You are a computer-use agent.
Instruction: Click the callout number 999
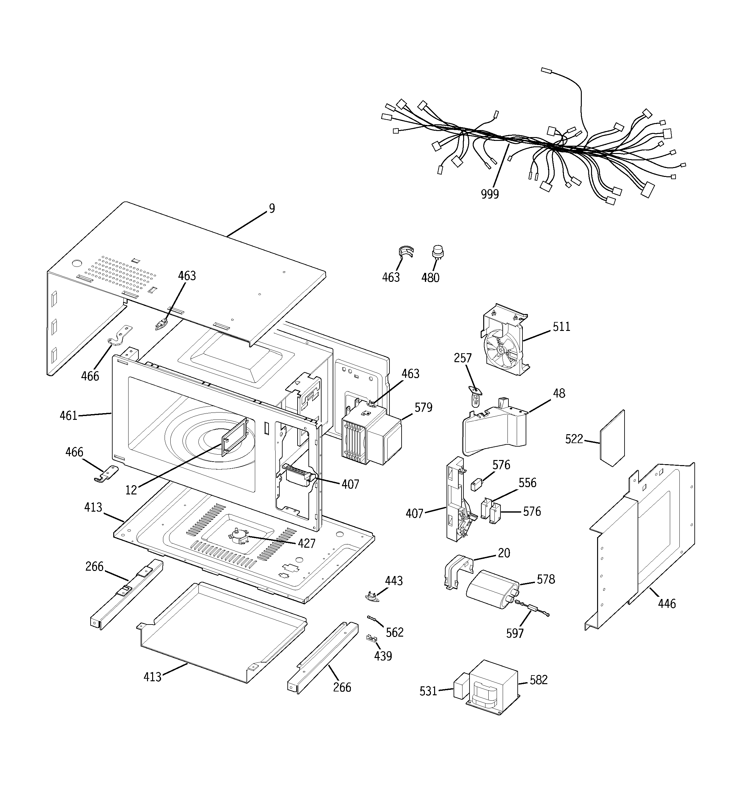point(489,194)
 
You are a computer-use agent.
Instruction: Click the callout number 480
point(430,277)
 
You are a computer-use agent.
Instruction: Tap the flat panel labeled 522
point(612,439)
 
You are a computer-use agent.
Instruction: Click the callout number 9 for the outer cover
point(272,208)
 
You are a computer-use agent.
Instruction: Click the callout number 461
point(68,415)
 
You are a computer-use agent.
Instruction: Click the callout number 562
point(395,632)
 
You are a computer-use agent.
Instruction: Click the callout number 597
point(515,633)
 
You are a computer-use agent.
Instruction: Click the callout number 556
point(527,483)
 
